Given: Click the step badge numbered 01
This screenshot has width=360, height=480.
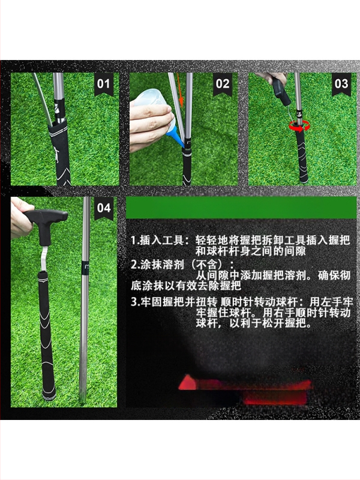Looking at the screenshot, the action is point(103,83).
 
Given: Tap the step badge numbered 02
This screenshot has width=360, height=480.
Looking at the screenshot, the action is point(223,83).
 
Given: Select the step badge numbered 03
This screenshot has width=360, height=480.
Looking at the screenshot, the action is point(341,83).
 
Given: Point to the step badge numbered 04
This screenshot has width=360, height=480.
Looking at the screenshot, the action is point(103,208).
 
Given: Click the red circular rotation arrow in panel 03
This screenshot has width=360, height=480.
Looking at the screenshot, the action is point(299,125).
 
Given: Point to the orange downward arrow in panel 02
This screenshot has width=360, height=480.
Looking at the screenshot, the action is point(181,92).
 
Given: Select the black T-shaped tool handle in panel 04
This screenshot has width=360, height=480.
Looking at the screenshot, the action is point(46,223).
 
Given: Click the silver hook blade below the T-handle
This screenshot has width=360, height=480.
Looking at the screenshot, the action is point(44,259).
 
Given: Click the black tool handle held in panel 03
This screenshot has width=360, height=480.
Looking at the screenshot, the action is point(281,91).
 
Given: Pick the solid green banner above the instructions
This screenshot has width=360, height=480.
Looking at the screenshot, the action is point(241,207).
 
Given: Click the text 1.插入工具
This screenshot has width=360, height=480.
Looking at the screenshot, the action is point(158,241).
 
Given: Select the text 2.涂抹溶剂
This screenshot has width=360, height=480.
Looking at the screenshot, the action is point(157,265).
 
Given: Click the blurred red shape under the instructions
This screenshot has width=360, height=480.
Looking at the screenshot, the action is point(245,389).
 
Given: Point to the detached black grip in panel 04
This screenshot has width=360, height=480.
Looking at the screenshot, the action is point(47,335).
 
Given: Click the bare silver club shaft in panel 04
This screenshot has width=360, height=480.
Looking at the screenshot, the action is point(85,300).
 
